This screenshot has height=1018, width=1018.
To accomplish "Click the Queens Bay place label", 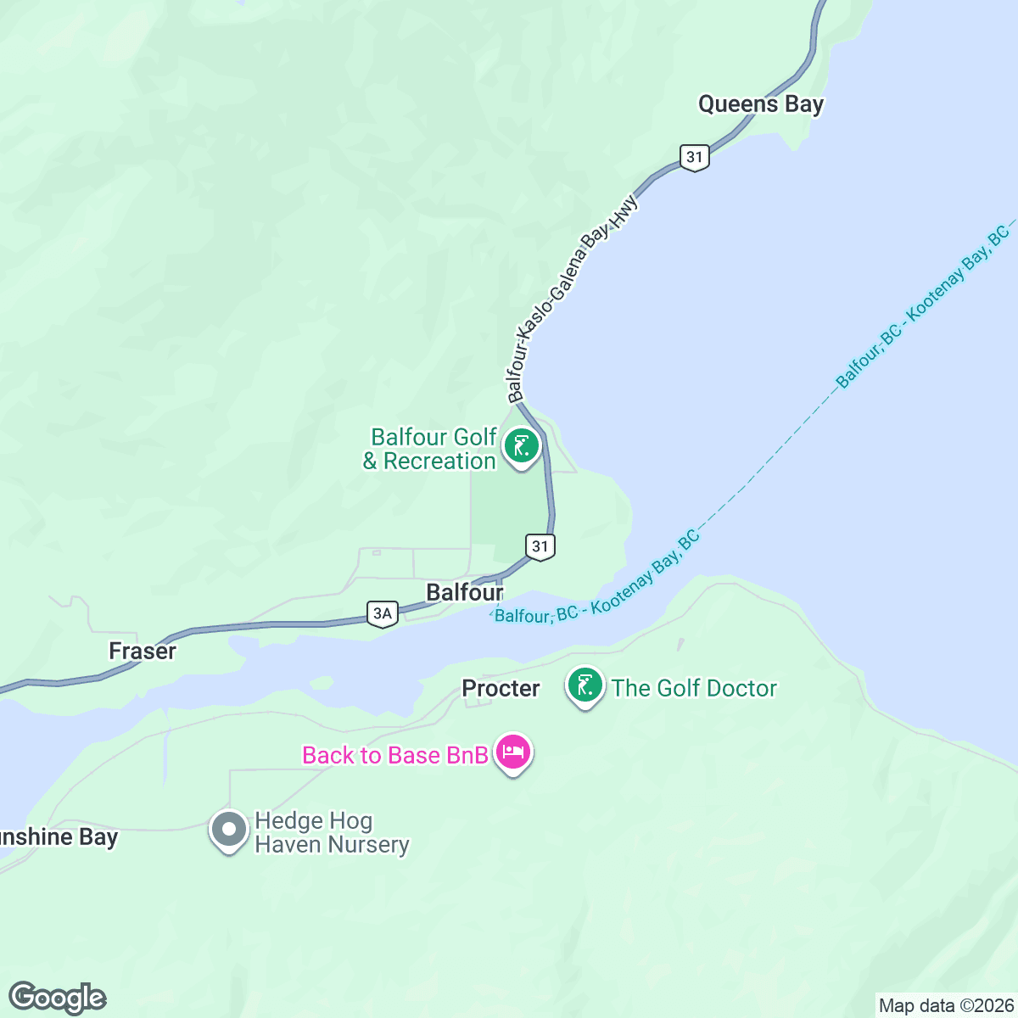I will tap(760, 104).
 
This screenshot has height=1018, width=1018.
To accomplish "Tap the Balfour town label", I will tap(464, 592).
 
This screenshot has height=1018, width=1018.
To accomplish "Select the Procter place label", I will tap(501, 688).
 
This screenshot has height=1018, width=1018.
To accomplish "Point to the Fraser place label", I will tap(143, 651).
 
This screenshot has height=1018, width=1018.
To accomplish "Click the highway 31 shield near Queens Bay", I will tap(695, 157).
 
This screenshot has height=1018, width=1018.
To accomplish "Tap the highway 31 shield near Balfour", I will tap(540, 546).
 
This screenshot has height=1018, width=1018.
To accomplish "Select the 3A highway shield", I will tap(383, 613).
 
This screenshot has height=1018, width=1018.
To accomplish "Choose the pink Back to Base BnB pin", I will tap(513, 752).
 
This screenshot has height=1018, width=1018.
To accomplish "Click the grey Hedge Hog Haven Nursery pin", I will tap(228, 830).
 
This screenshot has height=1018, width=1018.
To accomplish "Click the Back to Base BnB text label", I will tap(395, 755).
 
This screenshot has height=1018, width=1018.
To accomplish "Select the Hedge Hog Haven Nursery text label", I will tap(332, 833).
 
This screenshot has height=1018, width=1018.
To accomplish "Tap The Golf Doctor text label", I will tap(694, 688).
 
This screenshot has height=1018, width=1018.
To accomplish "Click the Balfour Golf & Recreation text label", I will tap(431, 449).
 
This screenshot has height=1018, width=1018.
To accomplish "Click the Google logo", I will tap(57, 998).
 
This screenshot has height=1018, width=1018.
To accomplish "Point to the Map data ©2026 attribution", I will tap(946, 1006).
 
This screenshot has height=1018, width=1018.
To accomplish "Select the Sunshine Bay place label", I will tap(59, 837).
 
